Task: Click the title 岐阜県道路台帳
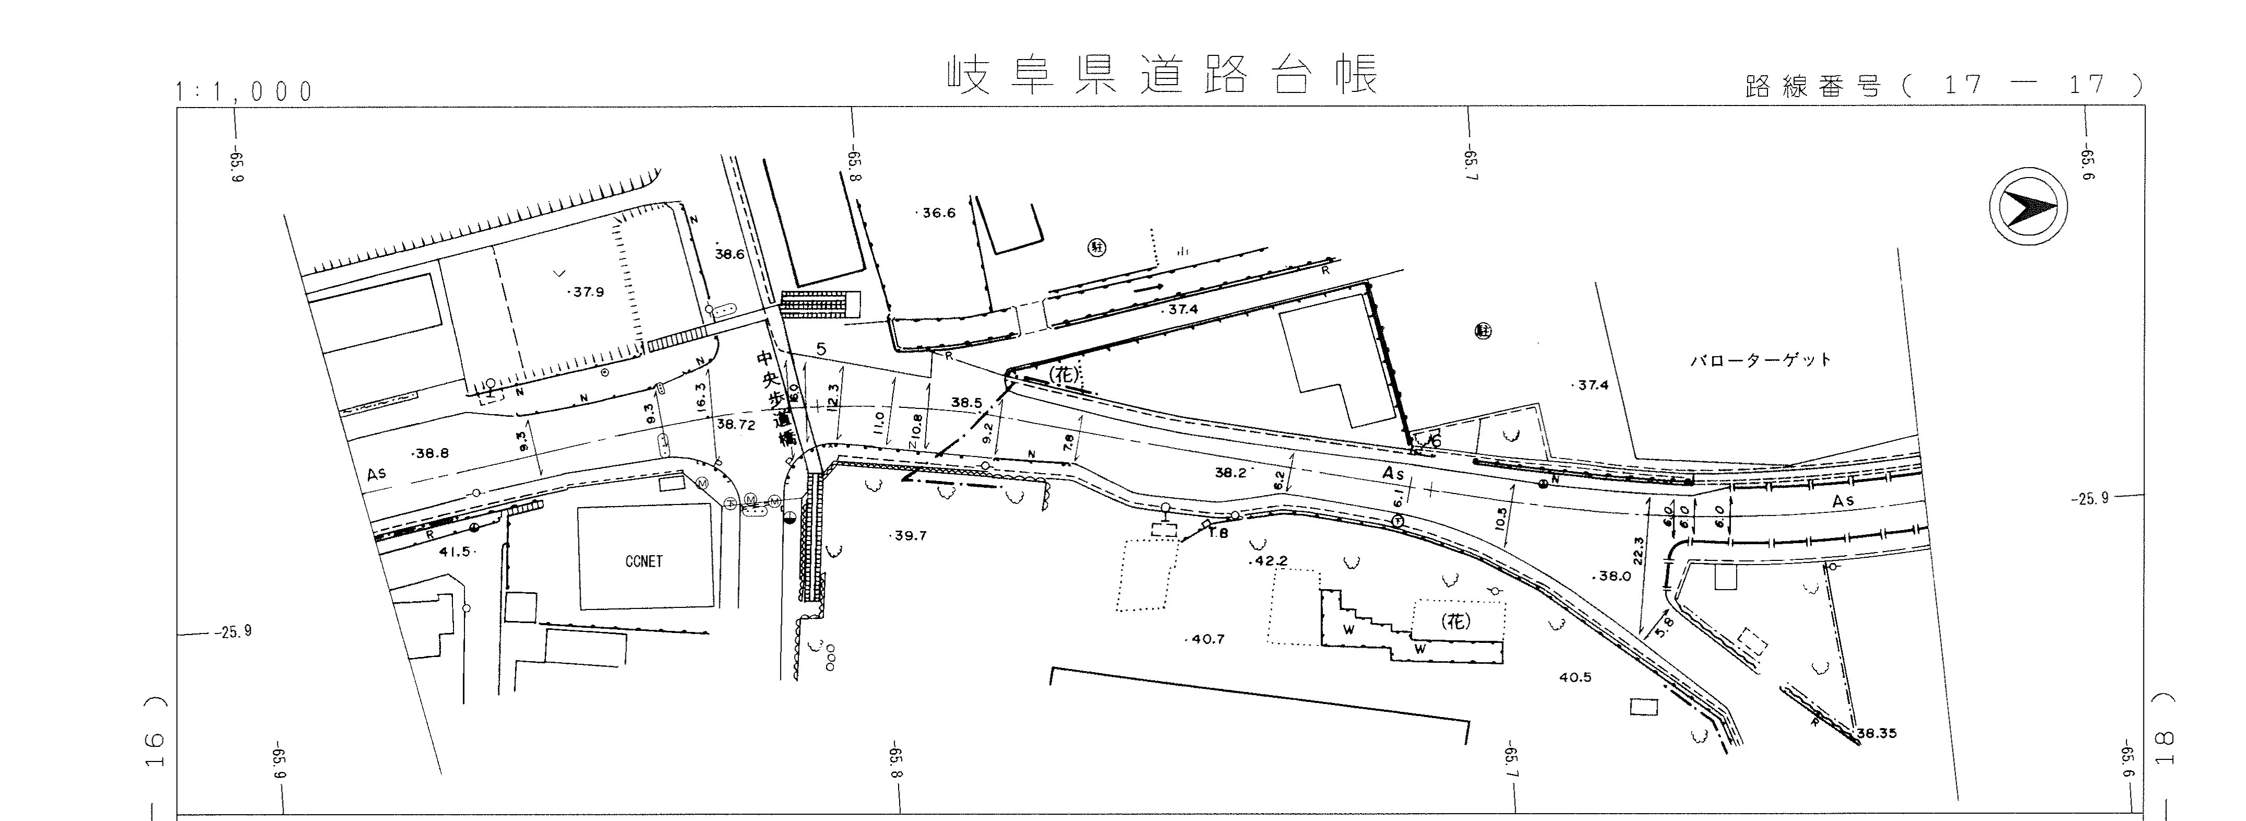click(1163, 76)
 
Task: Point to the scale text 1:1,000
click(244, 91)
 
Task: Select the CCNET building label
click(644, 562)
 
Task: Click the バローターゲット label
click(1761, 360)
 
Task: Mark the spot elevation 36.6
click(937, 213)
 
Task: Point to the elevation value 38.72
click(735, 425)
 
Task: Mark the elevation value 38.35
click(1876, 733)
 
